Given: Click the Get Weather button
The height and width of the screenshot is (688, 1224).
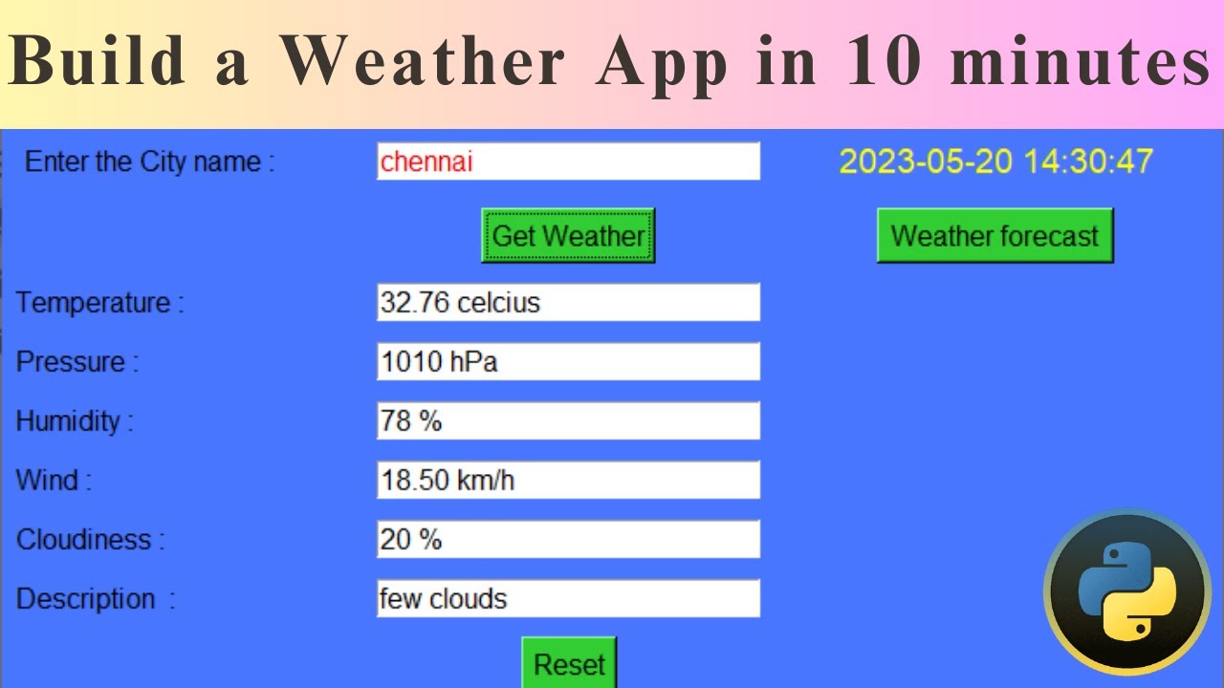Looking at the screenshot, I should coord(568,235).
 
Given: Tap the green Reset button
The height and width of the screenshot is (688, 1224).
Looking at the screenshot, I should coord(569,664).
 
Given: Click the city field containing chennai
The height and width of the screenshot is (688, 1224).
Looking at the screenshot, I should coord(568,161).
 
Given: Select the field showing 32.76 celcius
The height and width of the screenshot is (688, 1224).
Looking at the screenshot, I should coord(568,303).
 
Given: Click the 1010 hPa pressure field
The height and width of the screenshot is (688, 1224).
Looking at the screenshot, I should coord(568,362).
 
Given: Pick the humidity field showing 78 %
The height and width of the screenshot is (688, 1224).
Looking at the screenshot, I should coord(568,421).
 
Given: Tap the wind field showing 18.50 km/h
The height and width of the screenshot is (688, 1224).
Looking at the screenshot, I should coord(568,480).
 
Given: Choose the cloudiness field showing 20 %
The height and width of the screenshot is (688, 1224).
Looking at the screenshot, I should coord(568,540).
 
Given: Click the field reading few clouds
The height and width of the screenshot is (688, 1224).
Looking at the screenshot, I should coord(568,599).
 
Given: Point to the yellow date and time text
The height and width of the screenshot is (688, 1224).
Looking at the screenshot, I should coord(995,161).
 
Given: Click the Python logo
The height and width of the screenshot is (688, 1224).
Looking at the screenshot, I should coord(1126,591).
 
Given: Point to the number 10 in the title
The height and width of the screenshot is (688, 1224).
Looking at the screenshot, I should coord(881,63).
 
